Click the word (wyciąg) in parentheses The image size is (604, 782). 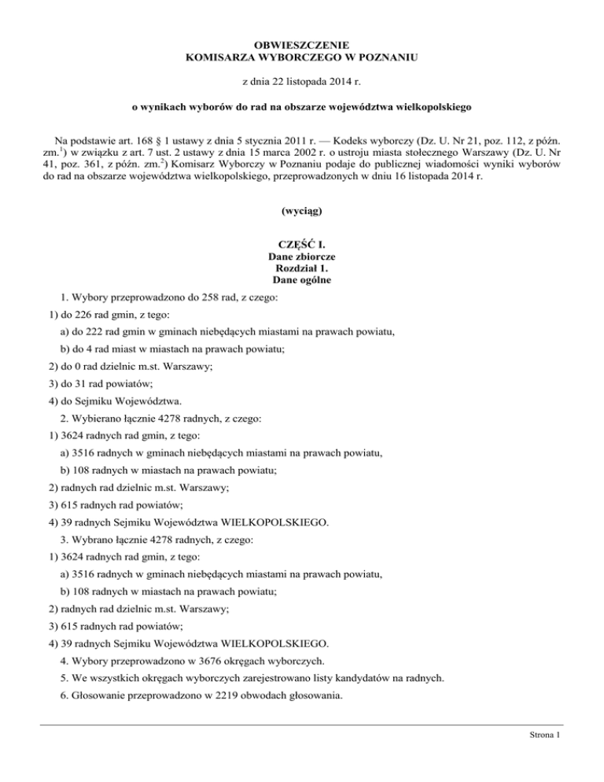[x=302, y=212]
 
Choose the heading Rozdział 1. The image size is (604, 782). [x=302, y=267]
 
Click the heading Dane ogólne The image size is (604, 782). [x=302, y=280]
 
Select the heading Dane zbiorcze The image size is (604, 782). [x=302, y=256]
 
